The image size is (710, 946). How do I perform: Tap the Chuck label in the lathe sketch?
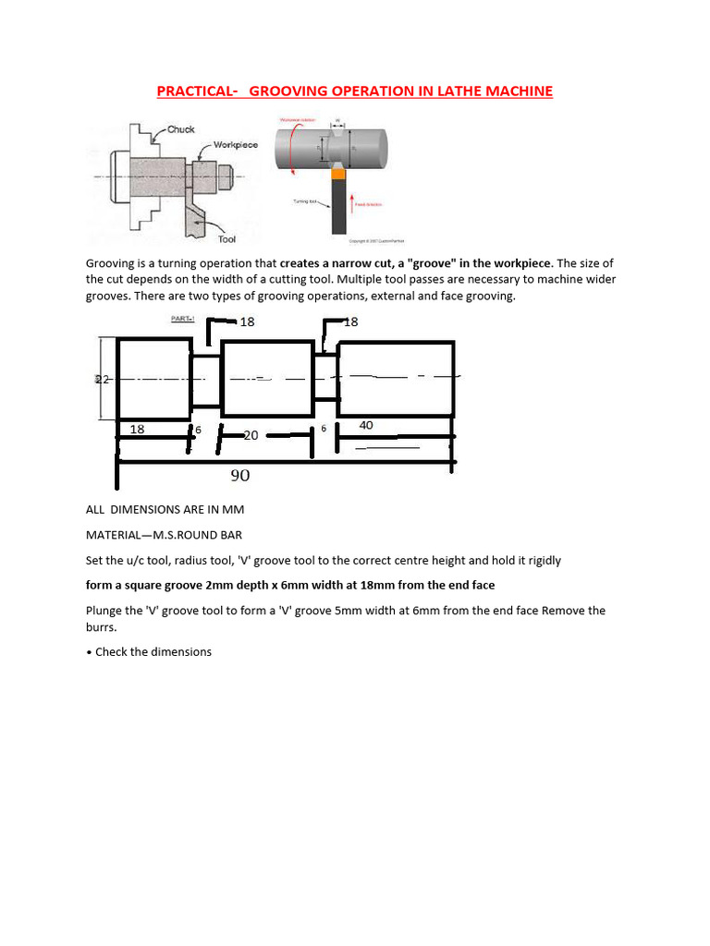click(180, 130)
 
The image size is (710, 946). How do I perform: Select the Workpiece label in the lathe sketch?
click(236, 145)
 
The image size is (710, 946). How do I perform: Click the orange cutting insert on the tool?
click(339, 173)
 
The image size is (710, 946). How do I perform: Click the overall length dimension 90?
click(239, 476)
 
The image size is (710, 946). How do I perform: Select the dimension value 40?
click(366, 425)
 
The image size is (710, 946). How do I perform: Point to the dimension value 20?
click(250, 434)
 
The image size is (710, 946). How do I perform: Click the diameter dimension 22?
click(104, 380)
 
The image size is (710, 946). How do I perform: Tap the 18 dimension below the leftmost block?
click(137, 430)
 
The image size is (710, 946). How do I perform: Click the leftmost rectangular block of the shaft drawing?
click(154, 379)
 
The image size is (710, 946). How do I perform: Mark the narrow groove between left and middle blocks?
click(206, 379)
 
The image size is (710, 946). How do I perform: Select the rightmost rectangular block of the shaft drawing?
click(396, 379)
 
